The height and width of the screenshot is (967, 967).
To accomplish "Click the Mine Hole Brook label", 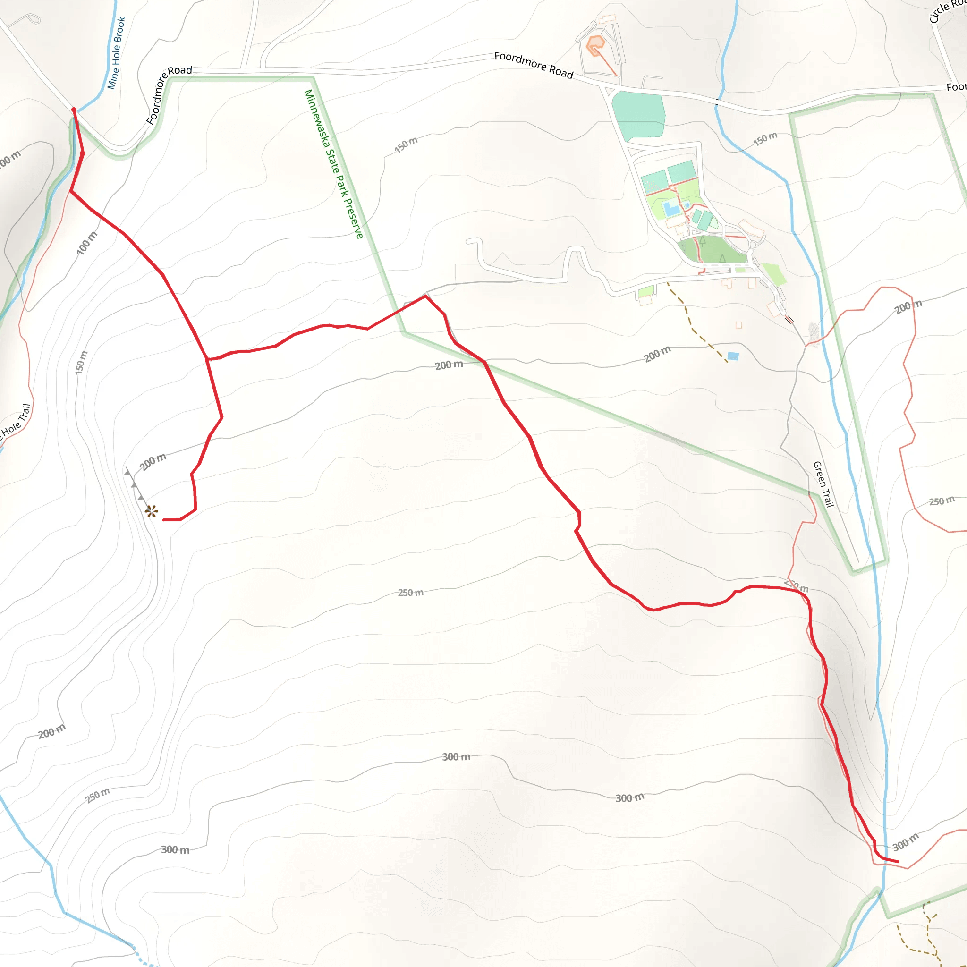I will coord(116,53).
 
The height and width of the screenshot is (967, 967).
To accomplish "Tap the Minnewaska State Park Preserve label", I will coord(334,164).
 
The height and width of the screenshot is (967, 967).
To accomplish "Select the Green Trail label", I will coord(823,484).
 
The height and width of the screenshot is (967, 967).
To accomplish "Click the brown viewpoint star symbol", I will coord(151,511).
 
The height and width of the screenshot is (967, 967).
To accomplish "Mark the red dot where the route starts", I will coord(74,110).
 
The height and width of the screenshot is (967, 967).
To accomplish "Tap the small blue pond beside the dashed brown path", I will coord(733,356).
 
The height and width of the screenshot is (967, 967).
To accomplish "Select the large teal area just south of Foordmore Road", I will coord(639,115).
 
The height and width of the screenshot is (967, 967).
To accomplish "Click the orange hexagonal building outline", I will coord(595,45).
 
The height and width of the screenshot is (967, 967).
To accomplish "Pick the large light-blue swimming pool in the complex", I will coord(671,208).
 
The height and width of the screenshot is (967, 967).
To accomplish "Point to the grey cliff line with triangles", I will coord(134,485).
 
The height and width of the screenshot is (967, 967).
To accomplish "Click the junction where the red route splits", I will coord(207,359).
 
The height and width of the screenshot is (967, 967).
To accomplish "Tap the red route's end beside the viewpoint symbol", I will coord(164,520).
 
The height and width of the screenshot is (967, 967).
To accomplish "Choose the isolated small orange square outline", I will coord(739,325).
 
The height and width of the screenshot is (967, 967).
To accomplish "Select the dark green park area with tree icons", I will coord(713,250).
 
